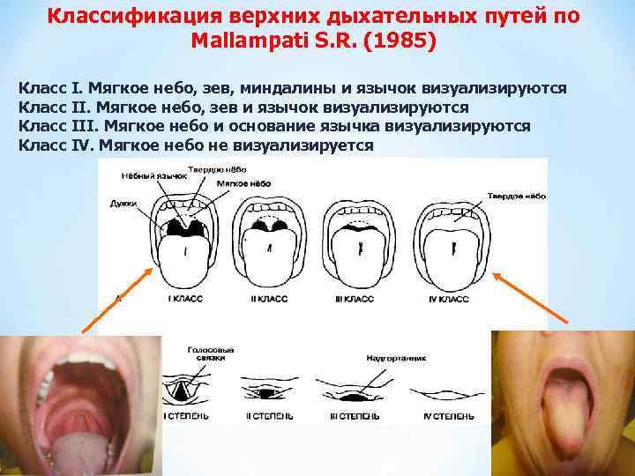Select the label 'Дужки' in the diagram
click(124, 203)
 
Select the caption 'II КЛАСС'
click(271, 300)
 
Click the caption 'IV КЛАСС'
click(448, 300)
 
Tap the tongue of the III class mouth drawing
click(361, 260)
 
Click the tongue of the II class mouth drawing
click(273, 260)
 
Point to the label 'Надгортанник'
click(390, 359)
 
